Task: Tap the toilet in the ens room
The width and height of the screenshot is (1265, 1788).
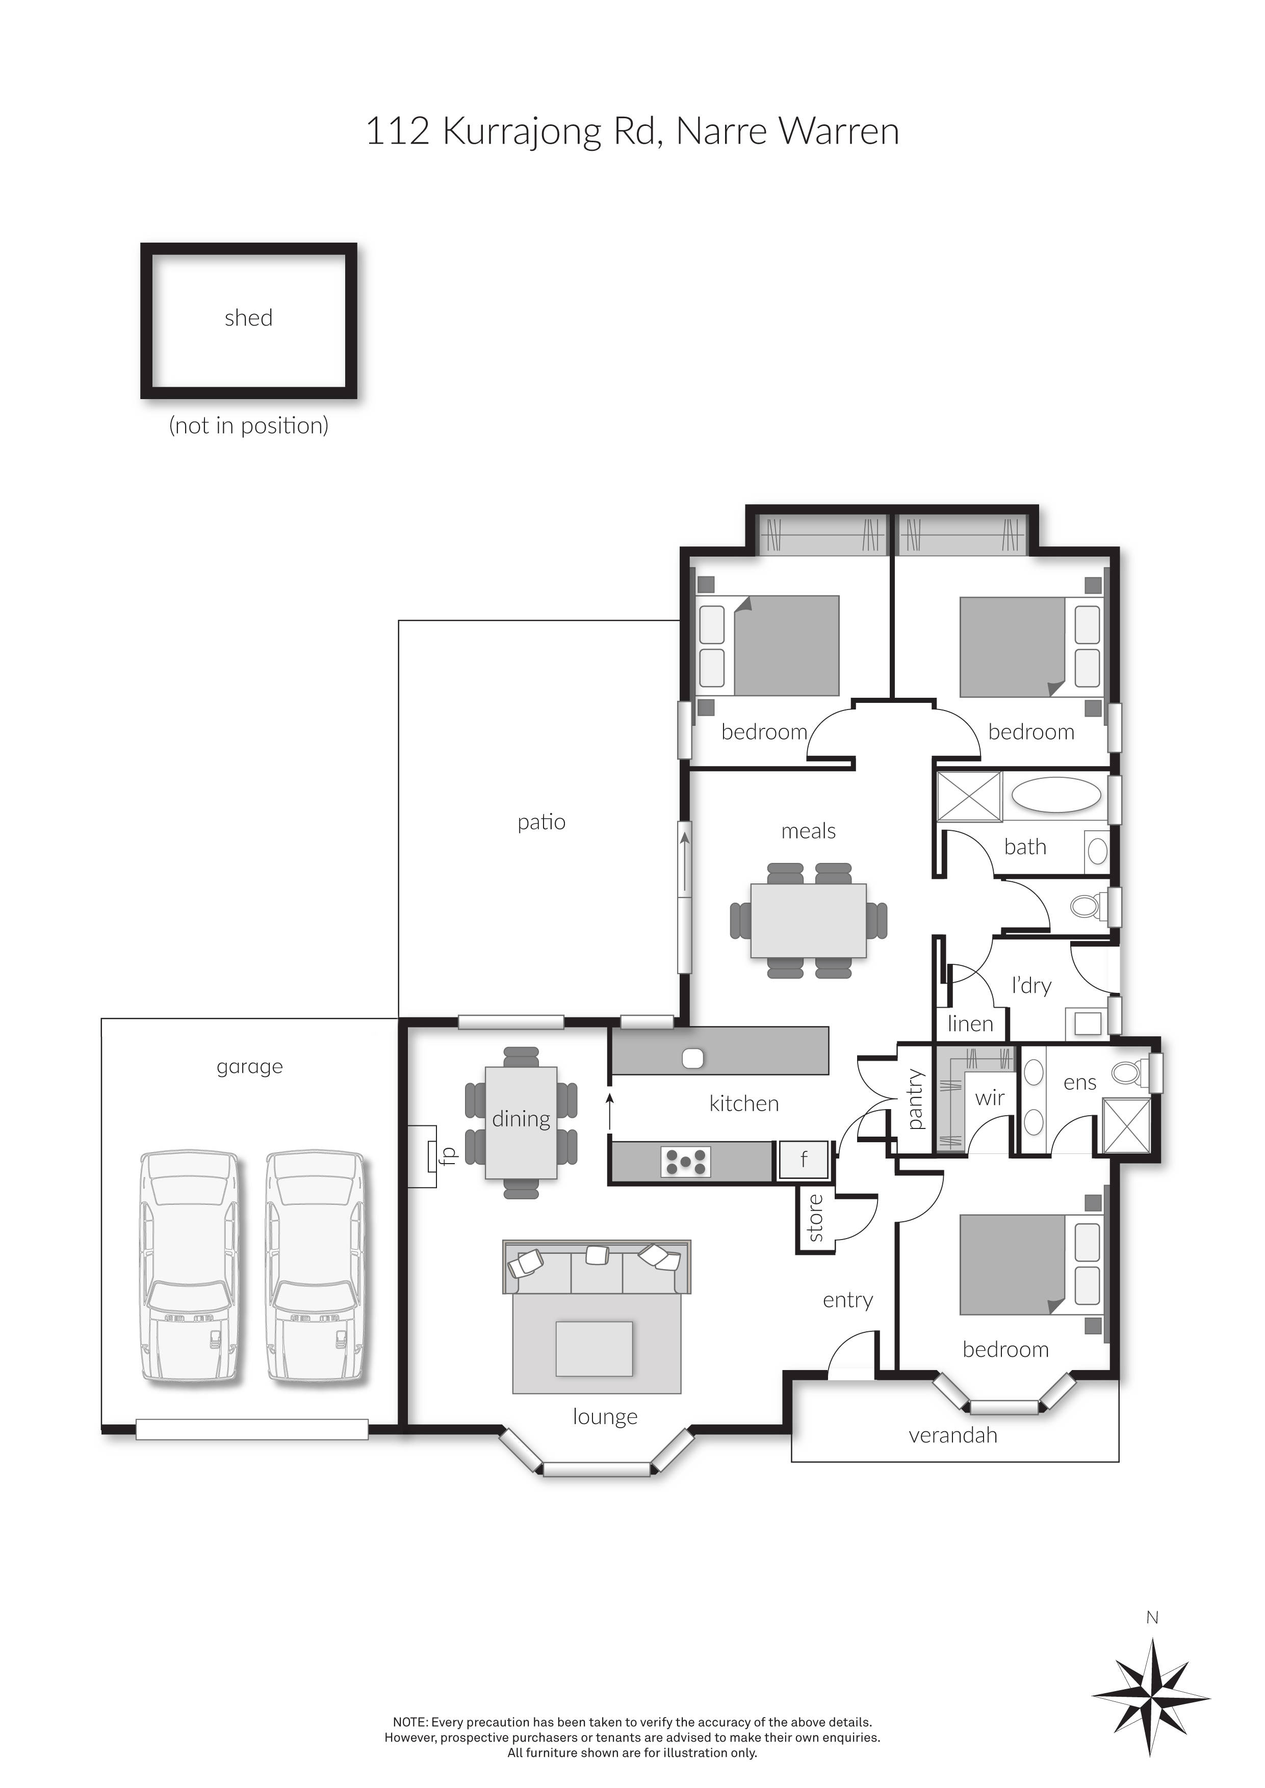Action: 1129,1073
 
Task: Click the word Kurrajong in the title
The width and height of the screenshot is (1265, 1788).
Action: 522,131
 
